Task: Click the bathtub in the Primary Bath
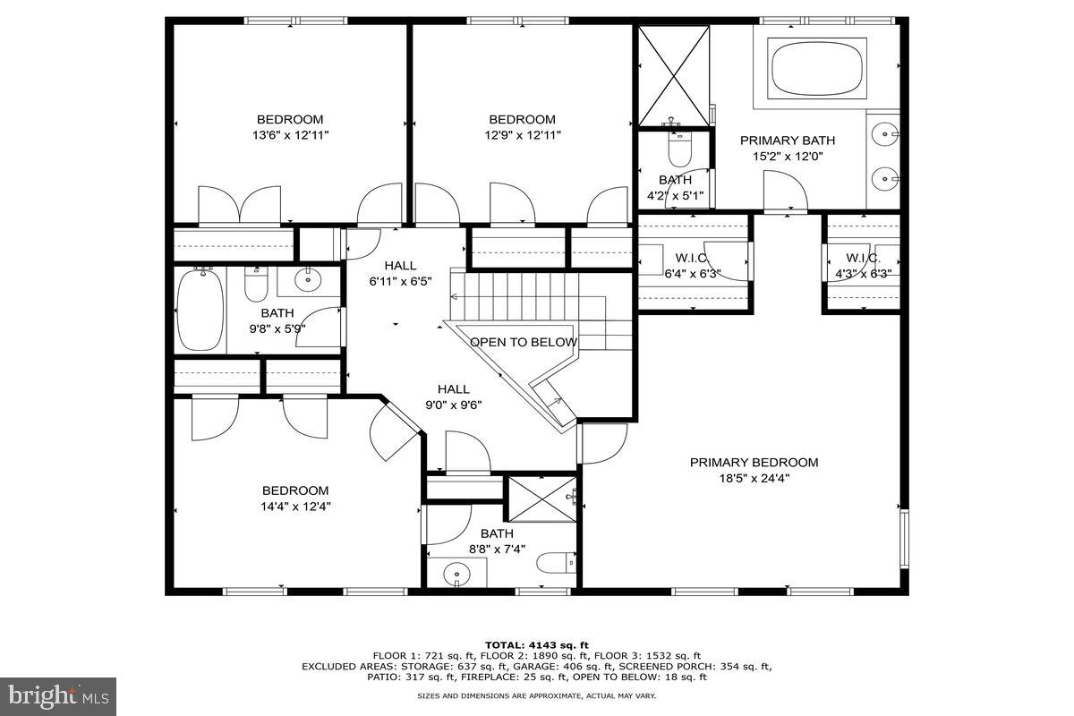818,69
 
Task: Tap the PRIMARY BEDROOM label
754,463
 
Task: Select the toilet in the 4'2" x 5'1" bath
679,149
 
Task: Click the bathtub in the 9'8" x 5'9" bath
200,310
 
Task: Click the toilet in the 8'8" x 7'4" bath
555,564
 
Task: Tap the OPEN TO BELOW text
524,342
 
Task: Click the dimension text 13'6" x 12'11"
290,135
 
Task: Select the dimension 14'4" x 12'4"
294,506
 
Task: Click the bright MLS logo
59,694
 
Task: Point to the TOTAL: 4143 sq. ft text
536,644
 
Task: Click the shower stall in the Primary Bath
673,76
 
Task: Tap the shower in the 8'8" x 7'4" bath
542,499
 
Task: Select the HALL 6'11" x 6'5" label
401,273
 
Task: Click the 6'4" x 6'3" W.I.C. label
693,266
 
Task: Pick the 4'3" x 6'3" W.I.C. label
863,266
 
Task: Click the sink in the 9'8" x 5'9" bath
308,280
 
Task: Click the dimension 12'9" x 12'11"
522,135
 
